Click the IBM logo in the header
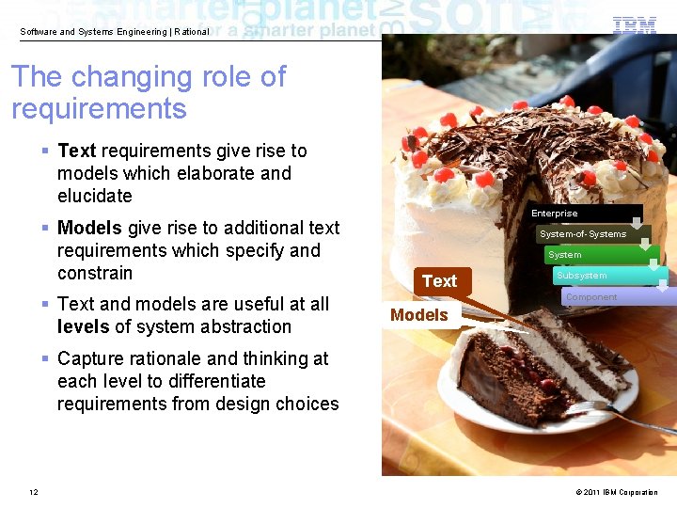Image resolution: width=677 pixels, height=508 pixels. pos(635,26)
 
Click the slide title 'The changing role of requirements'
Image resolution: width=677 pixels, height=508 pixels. pos(149,92)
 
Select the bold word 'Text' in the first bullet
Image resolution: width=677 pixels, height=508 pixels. pos(77,151)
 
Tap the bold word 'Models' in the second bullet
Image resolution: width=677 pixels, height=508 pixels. pos(89,228)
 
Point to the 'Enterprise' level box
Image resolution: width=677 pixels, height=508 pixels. pos(583,214)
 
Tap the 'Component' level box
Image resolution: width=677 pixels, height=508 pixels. pos(617,297)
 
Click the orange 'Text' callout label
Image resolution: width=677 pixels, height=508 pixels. pos(439,281)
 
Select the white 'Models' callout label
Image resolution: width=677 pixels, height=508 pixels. pos(419,315)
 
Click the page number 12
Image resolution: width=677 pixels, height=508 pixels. pos(34,492)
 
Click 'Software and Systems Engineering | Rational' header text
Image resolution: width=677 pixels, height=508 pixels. pos(115,32)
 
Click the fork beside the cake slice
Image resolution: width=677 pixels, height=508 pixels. pos(621,414)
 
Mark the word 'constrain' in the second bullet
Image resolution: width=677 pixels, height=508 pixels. pos(95,273)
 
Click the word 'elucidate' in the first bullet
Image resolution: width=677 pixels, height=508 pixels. pos(95,196)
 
